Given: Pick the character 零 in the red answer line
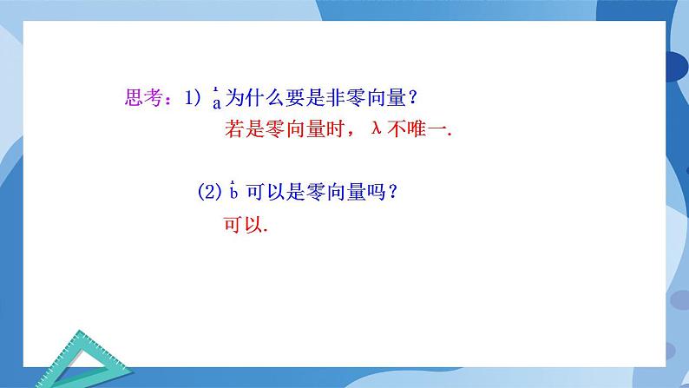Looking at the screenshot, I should [x=277, y=129].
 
